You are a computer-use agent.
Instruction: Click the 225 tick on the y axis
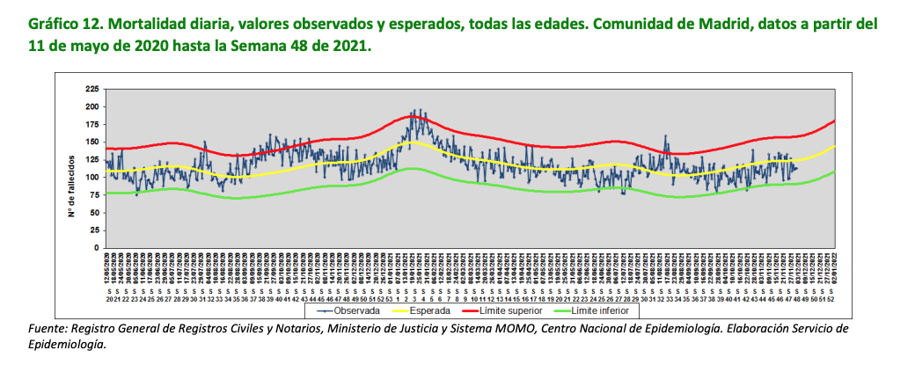92,89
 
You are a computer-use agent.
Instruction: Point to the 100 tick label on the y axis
92,177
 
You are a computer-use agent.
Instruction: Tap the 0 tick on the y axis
96,248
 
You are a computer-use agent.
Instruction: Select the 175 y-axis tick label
92,124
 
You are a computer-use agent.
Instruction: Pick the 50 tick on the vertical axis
94,212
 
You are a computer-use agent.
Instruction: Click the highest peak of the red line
414,116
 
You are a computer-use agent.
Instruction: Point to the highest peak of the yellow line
414,142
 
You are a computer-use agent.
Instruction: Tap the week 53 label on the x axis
389,299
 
